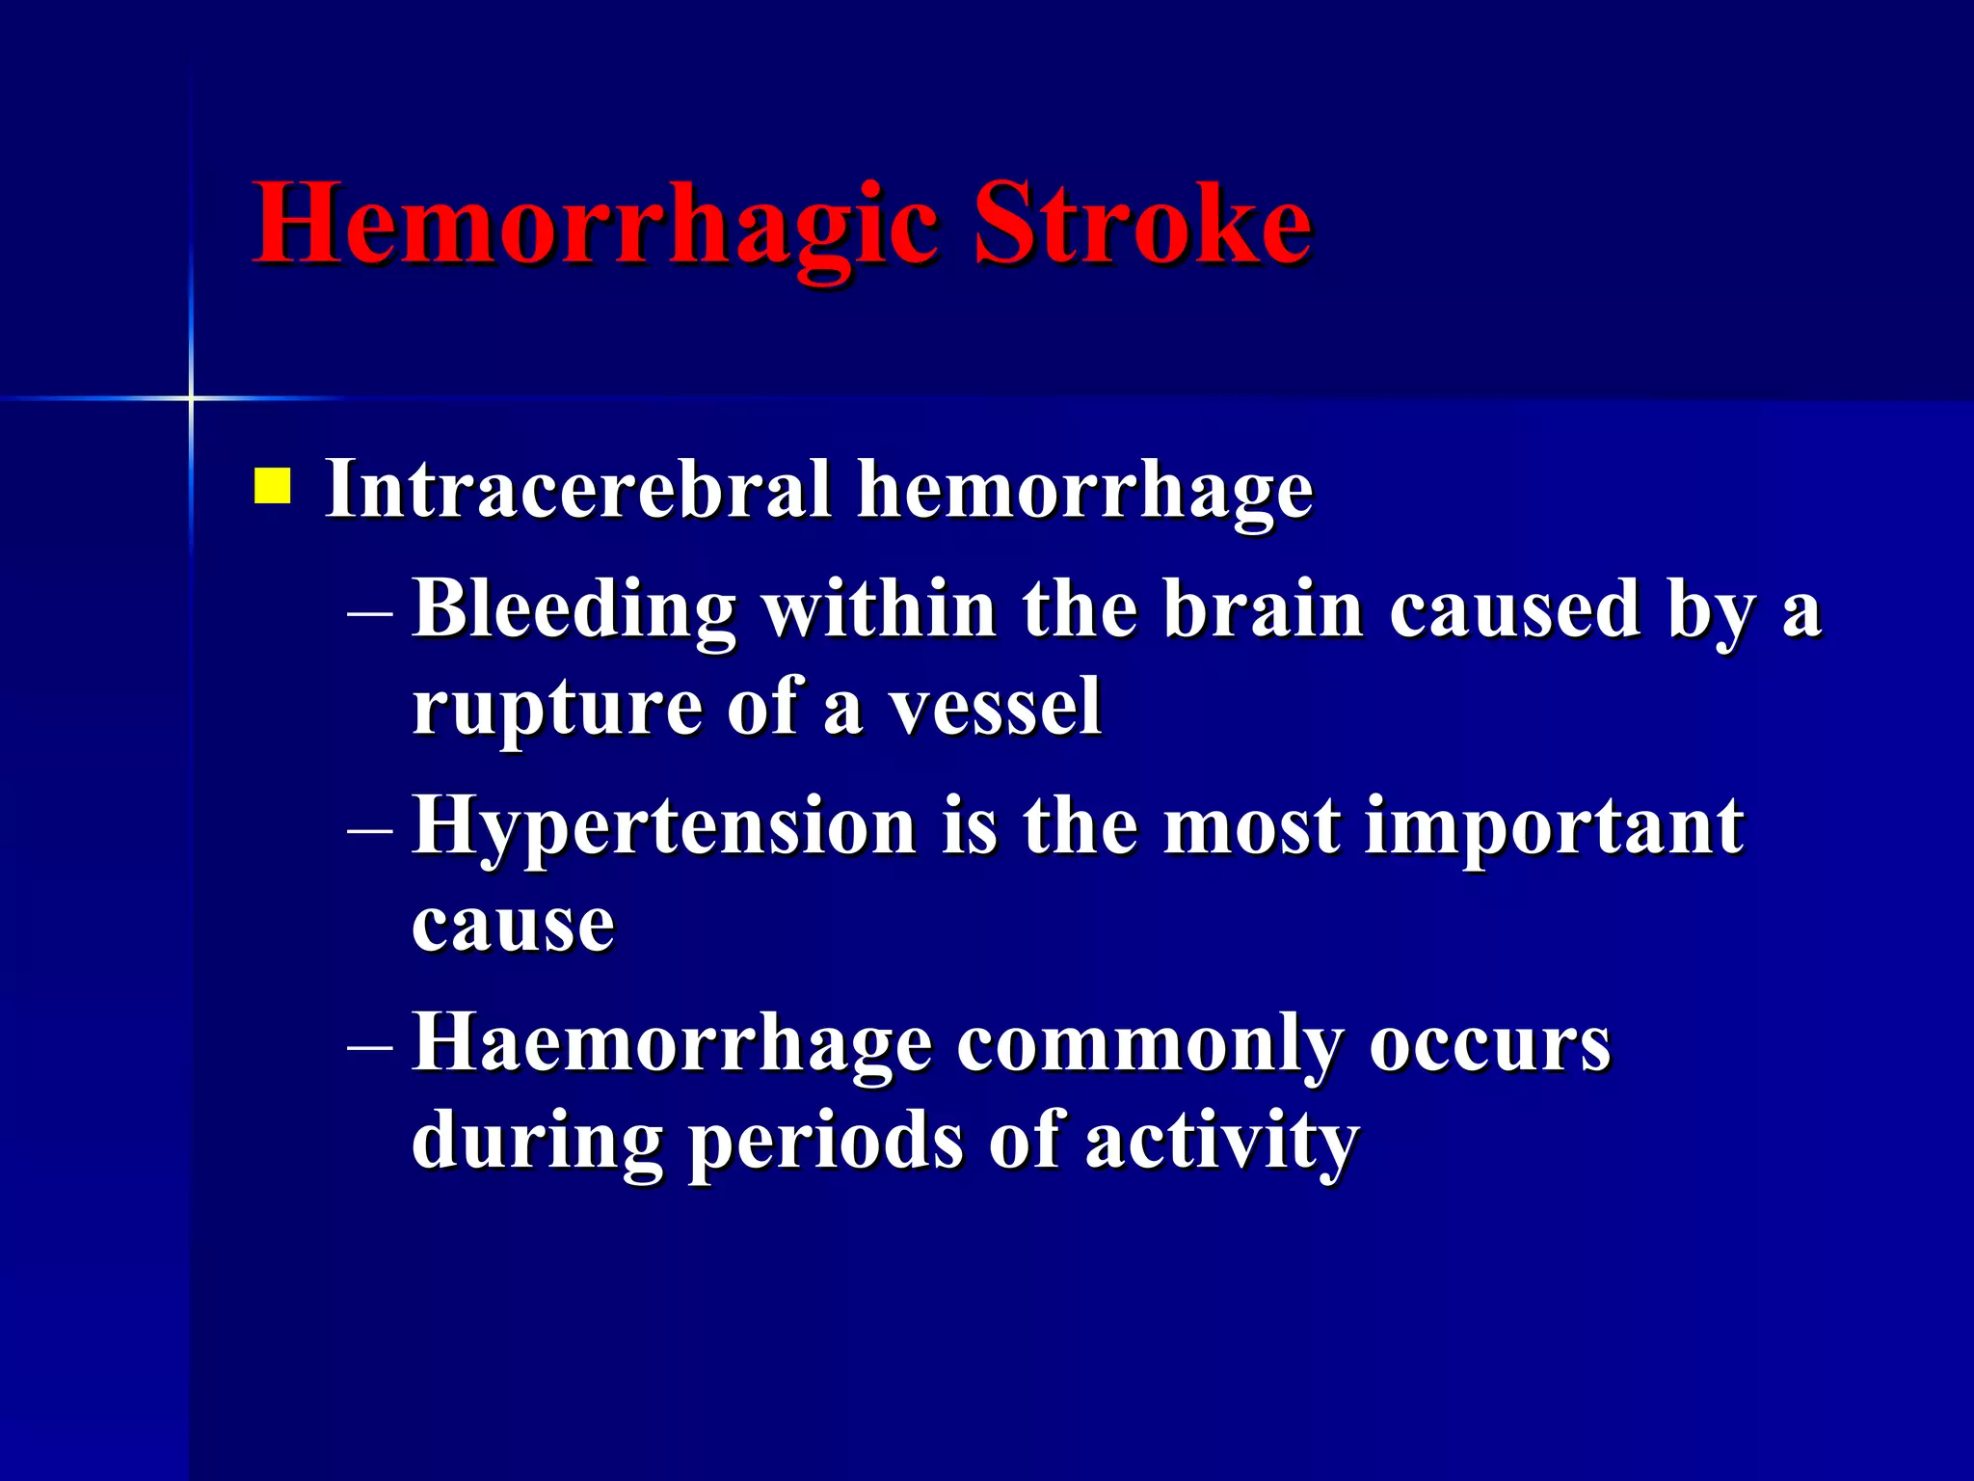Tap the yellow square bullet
pos(272,486)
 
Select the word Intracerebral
pos(578,490)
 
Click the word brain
pos(1264,609)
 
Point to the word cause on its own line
pos(513,926)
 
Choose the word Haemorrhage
pos(672,1045)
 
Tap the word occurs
pos(1489,1045)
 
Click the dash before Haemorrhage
pos(370,1045)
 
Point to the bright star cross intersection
pos(191,397)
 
